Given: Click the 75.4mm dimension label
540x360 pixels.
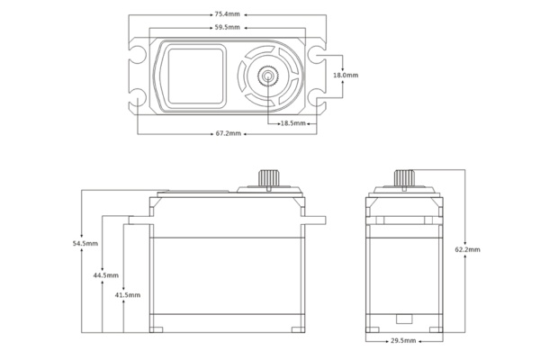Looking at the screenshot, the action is pos(228,14).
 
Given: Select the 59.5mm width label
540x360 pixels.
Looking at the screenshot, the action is pos(228,27).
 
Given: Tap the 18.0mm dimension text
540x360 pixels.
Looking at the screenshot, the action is pos(346,75).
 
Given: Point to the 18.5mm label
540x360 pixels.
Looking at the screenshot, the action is pos(293,123).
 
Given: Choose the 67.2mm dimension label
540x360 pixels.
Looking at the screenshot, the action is pos(229,133).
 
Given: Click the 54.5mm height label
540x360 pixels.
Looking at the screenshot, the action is pos(85,244).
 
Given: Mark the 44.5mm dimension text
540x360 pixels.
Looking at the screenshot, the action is pos(106,275).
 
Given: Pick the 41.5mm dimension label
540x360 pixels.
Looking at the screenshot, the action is pos(128,295).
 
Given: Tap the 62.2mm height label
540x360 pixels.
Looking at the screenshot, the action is pos(468,249).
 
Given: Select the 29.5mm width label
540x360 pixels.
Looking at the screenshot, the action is pos(403,341).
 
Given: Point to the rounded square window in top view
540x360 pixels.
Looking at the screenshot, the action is pos(195,76).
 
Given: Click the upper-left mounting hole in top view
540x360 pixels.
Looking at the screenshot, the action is pos(138,54).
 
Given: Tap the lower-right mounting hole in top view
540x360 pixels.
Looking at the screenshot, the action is pos(317,97).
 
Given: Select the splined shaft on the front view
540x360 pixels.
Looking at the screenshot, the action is pos(268,178).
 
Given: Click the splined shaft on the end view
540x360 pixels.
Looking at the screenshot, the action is pos(404,178).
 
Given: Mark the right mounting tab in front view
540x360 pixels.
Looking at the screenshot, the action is pos(313,220).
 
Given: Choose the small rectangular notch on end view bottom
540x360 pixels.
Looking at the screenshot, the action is pos(404,319).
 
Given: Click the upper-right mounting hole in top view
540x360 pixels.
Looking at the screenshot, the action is pos(317,54).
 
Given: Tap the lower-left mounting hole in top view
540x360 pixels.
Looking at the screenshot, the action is pos(138,97).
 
